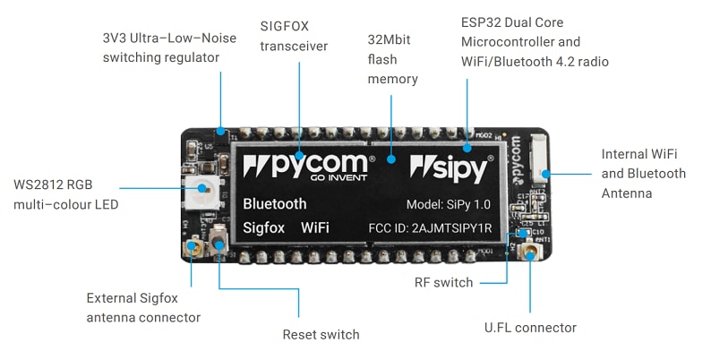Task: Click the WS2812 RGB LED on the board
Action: click(201, 189)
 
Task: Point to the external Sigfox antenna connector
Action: click(190, 246)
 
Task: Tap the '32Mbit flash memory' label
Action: click(393, 59)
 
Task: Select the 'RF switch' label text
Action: click(443, 283)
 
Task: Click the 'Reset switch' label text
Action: click(321, 334)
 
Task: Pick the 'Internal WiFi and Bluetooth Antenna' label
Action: click(643, 173)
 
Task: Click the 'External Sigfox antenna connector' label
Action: click(143, 307)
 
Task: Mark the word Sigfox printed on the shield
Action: click(264, 227)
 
